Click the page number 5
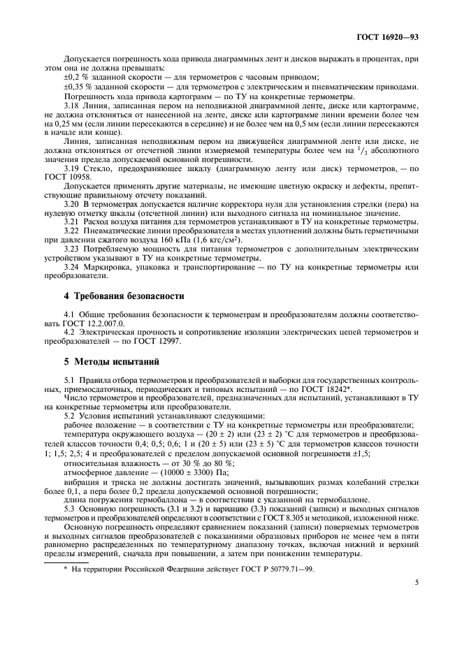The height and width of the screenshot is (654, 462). [x=416, y=580]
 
